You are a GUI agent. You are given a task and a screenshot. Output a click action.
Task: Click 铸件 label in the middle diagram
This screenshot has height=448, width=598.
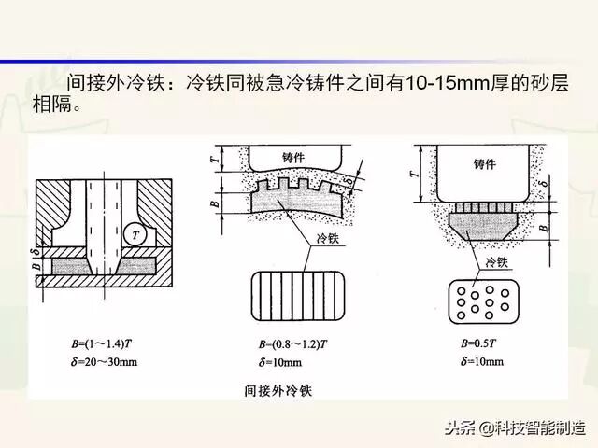[303, 158]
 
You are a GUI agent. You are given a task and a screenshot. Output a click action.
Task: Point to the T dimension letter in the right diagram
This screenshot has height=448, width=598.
[411, 173]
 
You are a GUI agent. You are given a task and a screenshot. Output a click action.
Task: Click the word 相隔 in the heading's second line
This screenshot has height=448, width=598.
[47, 102]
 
